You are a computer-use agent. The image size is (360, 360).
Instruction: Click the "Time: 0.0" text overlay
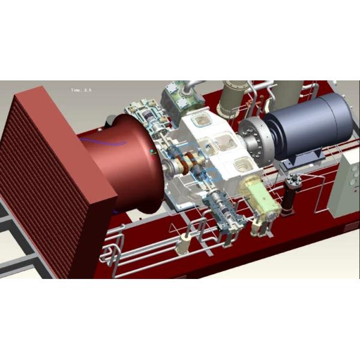[81, 90]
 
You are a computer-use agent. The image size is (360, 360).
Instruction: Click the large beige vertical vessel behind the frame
[231, 96]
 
